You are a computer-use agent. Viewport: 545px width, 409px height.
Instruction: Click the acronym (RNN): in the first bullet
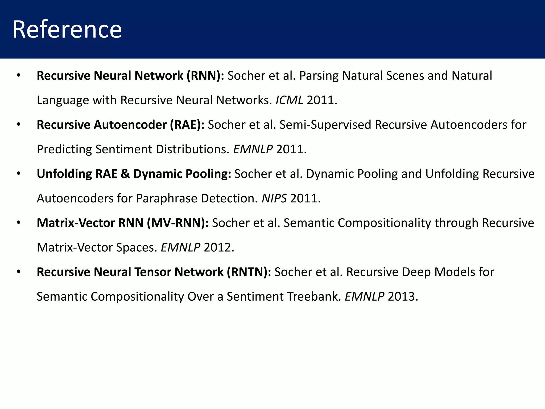coord(205,76)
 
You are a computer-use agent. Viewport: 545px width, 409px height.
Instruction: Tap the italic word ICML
coord(289,100)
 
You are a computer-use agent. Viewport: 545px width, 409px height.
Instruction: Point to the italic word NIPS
coord(274,198)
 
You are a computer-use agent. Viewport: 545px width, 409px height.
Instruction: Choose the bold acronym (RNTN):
coord(249,272)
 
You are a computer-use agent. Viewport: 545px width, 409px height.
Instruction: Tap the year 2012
coord(219,248)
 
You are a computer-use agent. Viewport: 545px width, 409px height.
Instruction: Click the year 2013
coord(403,297)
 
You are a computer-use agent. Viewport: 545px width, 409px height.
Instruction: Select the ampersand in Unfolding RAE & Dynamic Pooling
coord(125,174)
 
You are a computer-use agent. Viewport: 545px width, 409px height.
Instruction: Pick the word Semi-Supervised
coord(325,125)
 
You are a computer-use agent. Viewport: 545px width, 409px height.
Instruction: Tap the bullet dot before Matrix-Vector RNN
coord(18,223)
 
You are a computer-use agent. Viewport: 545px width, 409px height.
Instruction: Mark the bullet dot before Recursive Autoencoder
coord(18,125)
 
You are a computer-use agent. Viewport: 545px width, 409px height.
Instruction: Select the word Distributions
coord(193,149)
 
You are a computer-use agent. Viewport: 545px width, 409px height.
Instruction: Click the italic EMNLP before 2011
coord(253,149)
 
